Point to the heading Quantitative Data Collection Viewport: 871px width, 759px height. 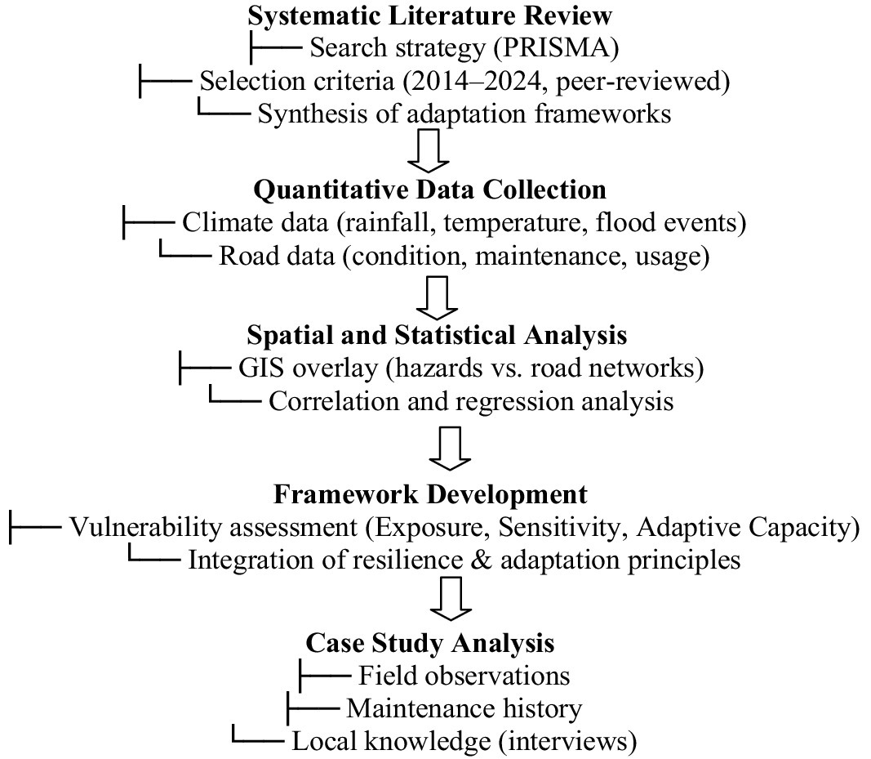coord(430,190)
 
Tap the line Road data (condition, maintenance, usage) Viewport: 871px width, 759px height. coord(464,255)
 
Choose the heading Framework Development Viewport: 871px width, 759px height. coord(430,495)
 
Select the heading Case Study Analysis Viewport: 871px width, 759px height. coord(430,642)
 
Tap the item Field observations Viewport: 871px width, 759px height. coord(464,676)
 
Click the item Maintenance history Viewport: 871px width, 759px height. coord(464,708)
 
